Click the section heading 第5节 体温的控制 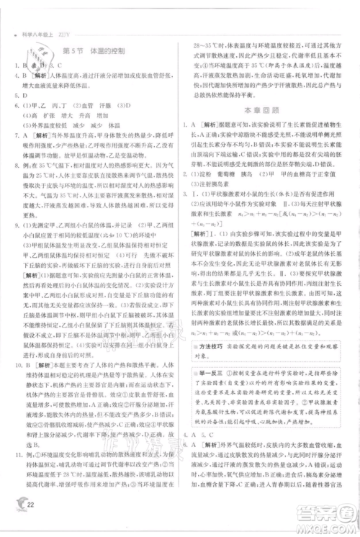(x=94, y=52)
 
